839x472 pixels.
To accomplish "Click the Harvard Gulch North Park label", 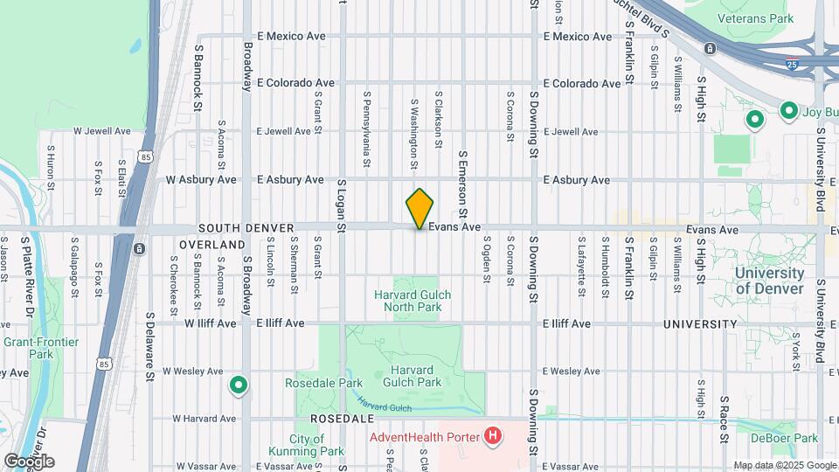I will (413, 301).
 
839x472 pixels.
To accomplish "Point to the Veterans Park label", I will (754, 17).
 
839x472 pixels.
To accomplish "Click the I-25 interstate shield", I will (791, 64).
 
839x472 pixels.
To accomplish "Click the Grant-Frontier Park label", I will (41, 347).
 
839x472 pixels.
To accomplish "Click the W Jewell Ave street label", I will (101, 131).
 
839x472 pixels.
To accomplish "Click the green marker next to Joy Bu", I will (787, 111).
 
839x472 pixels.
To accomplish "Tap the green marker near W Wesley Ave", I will (238, 385).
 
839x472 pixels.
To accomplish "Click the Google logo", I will (29, 462).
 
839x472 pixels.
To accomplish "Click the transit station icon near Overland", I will (139, 249).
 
